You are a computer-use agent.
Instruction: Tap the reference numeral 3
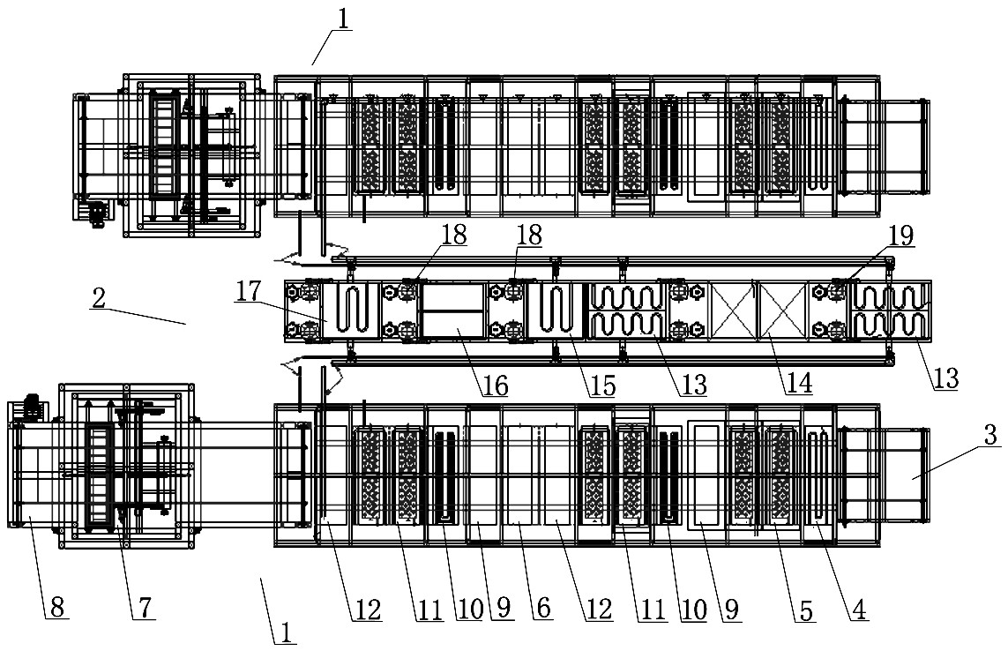click(x=990, y=435)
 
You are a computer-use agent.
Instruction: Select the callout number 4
click(x=859, y=610)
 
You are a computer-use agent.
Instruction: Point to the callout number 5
click(x=805, y=610)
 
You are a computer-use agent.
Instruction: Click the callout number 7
click(x=145, y=607)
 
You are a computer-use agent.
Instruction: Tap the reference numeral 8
click(x=56, y=607)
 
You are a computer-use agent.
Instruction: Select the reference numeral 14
click(x=798, y=384)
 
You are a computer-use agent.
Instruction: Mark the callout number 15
click(x=601, y=385)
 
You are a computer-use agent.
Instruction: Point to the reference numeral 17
click(x=249, y=291)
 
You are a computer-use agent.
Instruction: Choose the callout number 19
click(x=900, y=236)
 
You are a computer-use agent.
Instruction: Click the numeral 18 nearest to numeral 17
click(x=453, y=235)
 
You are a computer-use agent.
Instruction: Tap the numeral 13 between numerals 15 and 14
click(x=693, y=385)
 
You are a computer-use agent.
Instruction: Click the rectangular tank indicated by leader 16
click(x=452, y=311)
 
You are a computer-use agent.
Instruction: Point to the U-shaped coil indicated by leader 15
click(x=554, y=309)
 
